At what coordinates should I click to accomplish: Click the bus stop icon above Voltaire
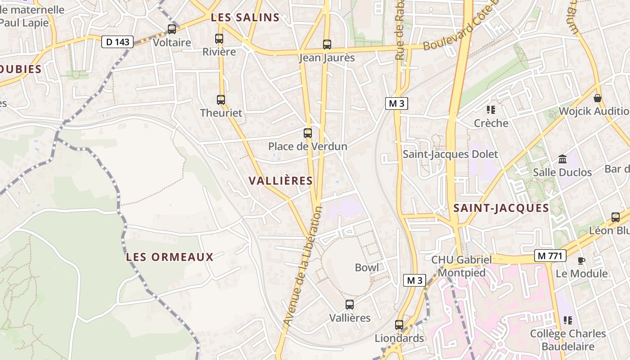[172, 29]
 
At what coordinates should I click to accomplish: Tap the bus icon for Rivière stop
[219, 39]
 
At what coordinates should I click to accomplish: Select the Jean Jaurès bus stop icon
[327, 45]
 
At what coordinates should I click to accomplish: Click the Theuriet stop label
[221, 113]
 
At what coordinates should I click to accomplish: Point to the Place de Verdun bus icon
[308, 133]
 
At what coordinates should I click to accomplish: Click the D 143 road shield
[118, 42]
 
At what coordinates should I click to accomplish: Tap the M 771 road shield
[550, 256]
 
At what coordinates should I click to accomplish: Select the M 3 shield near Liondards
[414, 280]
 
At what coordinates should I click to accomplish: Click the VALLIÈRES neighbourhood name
[281, 181]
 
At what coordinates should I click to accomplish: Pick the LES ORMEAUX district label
[170, 257]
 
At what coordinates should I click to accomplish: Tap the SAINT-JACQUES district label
[501, 208]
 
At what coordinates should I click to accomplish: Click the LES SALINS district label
[245, 18]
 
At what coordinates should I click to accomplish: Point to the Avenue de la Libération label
[303, 266]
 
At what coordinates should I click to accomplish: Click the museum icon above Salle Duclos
[562, 159]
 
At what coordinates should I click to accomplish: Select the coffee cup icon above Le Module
[581, 261]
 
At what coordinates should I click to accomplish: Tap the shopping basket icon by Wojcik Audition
[598, 98]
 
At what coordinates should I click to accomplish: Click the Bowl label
[367, 267]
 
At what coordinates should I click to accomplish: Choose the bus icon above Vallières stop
[350, 305]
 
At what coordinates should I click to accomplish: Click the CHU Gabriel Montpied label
[461, 266]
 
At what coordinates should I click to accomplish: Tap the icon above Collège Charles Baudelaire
[568, 320]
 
